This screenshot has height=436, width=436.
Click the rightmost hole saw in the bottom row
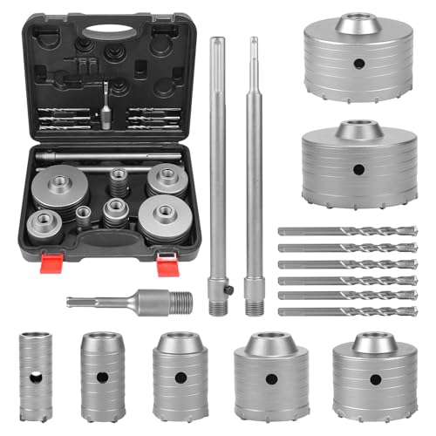[374, 375]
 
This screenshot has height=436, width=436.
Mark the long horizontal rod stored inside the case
[110, 156]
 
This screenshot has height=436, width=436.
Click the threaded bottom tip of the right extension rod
[255, 307]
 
